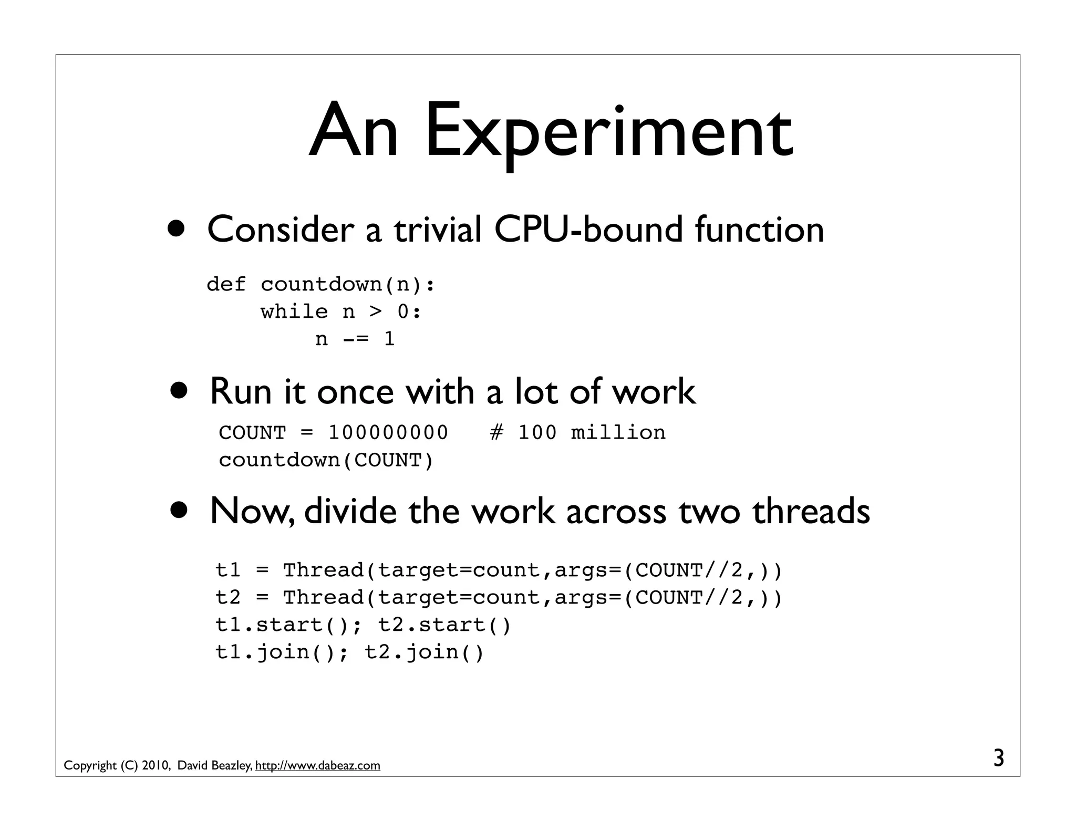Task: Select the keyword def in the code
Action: (x=226, y=284)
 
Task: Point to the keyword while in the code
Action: (x=294, y=311)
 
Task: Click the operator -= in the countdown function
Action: (x=356, y=339)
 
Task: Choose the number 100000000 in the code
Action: (x=388, y=433)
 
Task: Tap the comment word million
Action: (x=618, y=433)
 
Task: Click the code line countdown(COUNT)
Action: (x=326, y=460)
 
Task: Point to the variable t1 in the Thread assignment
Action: (x=228, y=570)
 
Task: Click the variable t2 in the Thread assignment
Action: (x=228, y=597)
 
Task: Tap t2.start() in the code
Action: (x=444, y=625)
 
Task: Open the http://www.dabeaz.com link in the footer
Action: (x=317, y=766)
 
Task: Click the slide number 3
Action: (x=999, y=759)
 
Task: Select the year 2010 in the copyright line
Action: (x=155, y=766)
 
